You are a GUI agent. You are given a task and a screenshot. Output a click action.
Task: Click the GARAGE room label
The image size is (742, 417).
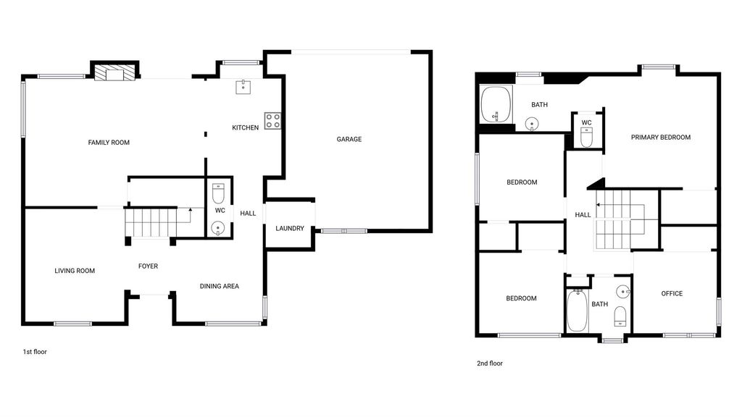tap(349, 139)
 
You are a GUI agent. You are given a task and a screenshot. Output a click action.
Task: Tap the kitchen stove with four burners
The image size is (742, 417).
tap(272, 121)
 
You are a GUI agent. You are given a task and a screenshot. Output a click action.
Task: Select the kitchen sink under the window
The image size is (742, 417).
tap(243, 87)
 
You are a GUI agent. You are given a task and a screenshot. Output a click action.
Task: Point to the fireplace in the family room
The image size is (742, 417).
tap(115, 73)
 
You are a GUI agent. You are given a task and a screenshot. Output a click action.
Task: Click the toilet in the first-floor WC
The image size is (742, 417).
tap(218, 193)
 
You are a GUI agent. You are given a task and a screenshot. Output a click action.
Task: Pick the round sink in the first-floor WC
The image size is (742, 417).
tap(218, 228)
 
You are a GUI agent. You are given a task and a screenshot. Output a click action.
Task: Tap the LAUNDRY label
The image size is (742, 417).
tap(290, 228)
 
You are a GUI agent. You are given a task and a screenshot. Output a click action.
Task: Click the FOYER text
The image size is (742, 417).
tap(148, 266)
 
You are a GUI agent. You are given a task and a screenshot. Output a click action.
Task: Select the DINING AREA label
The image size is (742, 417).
tap(219, 286)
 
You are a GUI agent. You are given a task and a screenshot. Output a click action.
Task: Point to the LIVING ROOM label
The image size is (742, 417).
tap(75, 271)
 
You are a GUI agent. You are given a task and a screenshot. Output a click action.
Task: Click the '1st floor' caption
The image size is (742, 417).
tap(35, 352)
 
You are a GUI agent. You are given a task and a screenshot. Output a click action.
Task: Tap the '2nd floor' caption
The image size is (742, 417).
tap(490, 363)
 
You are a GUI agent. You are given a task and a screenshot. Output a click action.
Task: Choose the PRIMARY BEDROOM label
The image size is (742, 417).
tap(661, 138)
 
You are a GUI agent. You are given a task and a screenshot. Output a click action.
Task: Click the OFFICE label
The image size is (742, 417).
tap(672, 294)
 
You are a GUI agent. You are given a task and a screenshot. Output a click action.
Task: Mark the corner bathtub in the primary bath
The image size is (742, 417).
tap(496, 104)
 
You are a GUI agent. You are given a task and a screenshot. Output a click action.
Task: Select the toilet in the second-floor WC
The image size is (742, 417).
tap(586, 137)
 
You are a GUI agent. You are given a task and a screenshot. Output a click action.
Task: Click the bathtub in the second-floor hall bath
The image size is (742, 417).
tap(577, 311)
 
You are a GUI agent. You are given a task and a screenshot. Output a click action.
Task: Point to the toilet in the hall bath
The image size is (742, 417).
tap(620, 316)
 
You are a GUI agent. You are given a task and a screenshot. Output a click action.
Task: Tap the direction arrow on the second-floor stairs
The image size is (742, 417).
tap(620, 205)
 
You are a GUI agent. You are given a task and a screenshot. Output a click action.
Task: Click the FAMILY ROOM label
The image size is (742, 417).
tap(109, 143)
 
